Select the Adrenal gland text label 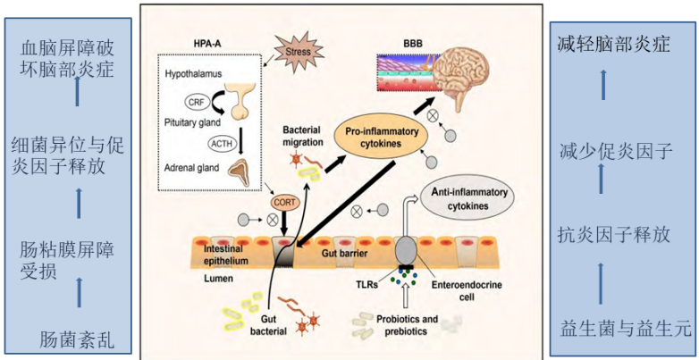(x=194, y=167)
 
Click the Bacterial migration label (x=306, y=136)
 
